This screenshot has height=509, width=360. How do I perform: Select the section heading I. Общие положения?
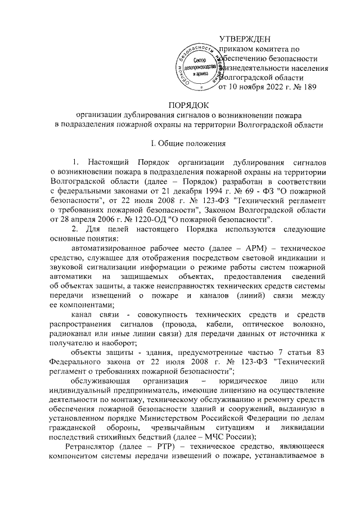pos(179,143)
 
